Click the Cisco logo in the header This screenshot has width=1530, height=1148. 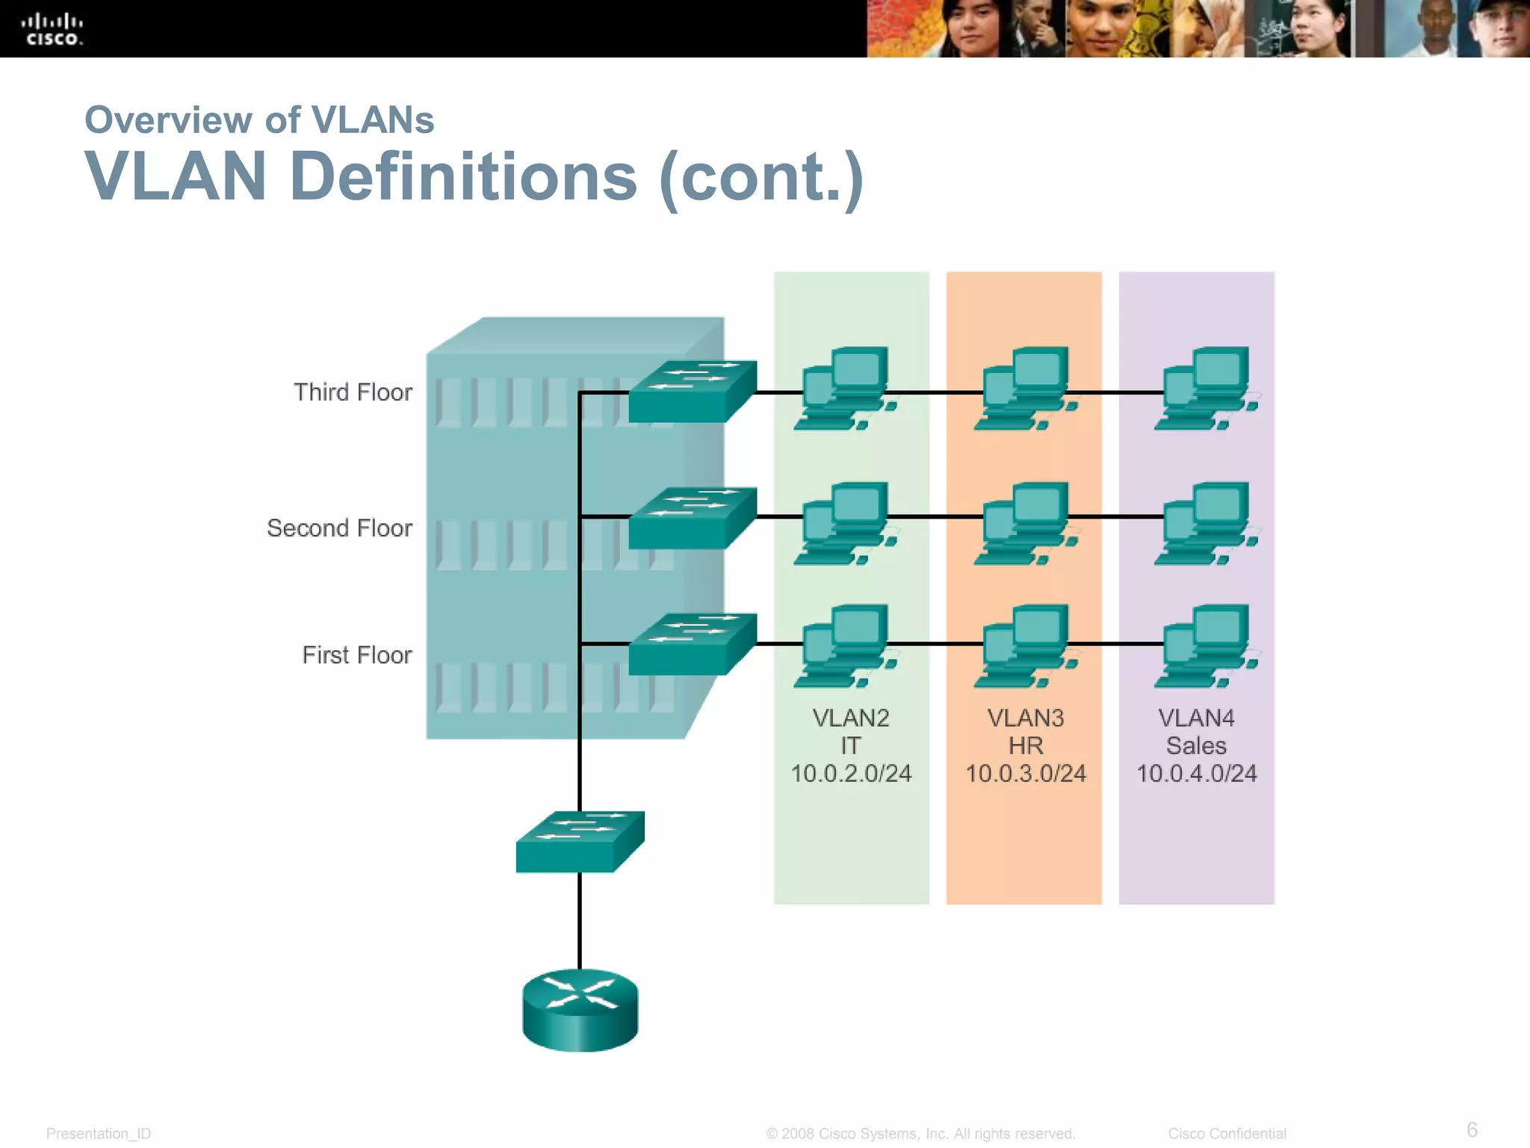pos(52,29)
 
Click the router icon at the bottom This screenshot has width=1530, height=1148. pos(580,1010)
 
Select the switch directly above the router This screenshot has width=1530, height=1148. pos(580,842)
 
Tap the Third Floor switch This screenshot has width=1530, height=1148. pos(692,392)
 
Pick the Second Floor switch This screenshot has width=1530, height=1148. pos(692,518)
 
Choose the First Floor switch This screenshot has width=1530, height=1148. pos(692,644)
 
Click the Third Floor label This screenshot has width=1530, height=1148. pos(353,392)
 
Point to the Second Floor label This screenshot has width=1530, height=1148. pos(339,528)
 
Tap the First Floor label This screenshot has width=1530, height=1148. pos(356,655)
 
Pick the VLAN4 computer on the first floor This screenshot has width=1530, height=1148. pos(1206,646)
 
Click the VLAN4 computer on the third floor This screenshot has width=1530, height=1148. pos(1206,388)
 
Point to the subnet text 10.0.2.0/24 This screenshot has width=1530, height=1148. pos(851,774)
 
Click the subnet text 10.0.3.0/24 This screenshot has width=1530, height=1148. pos(1025,774)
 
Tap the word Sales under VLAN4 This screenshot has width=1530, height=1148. pos(1196,746)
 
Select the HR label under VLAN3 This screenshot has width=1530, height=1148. pos(1025,746)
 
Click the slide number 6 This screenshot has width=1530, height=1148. pos(1472,1129)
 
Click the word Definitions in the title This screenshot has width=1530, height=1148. pos(463,177)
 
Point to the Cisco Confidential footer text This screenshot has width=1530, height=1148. pos(1227,1134)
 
